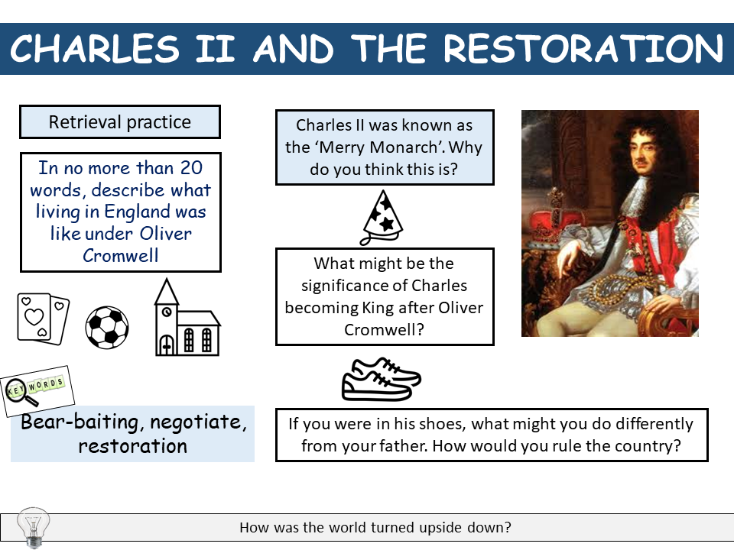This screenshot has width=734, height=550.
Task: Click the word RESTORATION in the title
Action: tap(583, 49)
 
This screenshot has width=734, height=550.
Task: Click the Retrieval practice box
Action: tap(120, 122)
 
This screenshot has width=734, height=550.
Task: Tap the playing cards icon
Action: tap(43, 316)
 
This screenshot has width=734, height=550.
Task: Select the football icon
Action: tap(107, 327)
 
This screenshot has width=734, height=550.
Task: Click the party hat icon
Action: tap(382, 216)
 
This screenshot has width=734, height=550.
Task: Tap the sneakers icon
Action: tap(381, 377)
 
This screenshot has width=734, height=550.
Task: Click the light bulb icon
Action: tap(32, 526)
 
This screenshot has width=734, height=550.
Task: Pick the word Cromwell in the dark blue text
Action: tap(120, 255)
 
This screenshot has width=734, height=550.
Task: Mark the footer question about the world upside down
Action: tap(375, 527)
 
